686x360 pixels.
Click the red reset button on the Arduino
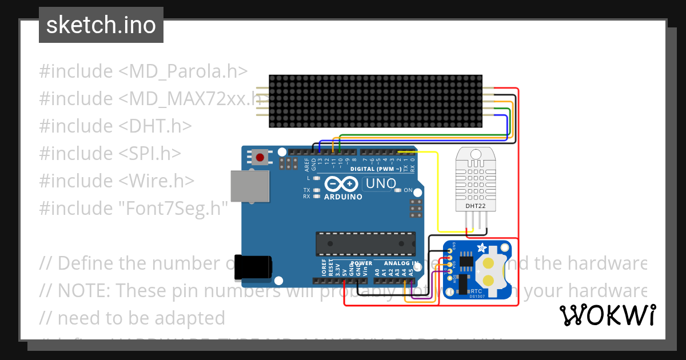tap(260, 157)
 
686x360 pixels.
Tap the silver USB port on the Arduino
tap(250, 186)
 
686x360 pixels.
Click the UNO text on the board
tap(381, 184)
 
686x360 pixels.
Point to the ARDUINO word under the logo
tap(343, 197)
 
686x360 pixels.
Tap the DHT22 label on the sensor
tap(472, 205)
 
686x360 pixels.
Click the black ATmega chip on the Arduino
tap(366, 244)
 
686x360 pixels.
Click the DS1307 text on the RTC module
tap(477, 295)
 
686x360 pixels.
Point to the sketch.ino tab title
tap(101, 25)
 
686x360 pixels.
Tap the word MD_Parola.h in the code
tap(183, 71)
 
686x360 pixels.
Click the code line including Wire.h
tap(117, 181)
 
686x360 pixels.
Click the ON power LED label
tap(408, 190)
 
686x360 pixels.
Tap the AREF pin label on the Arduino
tap(307, 165)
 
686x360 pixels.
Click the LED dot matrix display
tap(376, 101)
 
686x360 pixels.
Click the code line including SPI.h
tap(110, 153)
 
